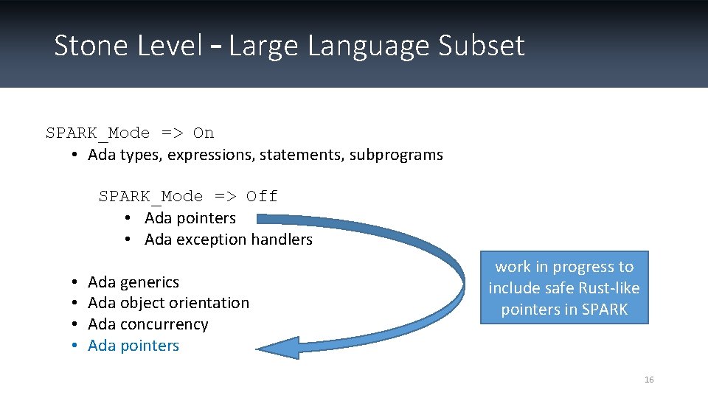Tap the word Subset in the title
481,46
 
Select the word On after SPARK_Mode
204,133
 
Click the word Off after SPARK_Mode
262,197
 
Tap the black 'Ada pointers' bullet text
190,218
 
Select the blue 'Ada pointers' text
133,346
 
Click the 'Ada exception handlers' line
229,240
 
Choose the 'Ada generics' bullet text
133,282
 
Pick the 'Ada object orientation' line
168,303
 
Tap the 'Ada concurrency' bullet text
147,324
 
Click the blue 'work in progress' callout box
564,287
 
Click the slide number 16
649,380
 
